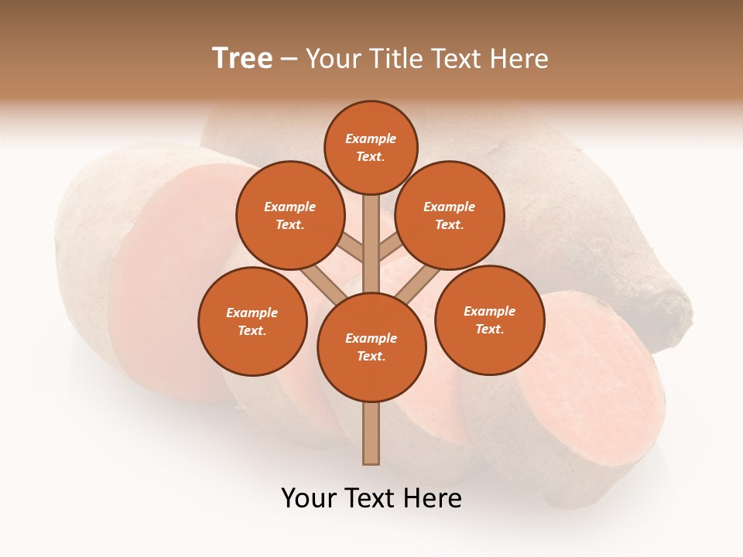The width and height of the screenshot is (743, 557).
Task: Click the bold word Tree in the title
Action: pyautogui.click(x=242, y=59)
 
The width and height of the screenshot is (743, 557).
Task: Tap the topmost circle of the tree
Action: pyautogui.click(x=371, y=147)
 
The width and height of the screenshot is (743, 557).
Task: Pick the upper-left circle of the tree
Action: pyautogui.click(x=289, y=215)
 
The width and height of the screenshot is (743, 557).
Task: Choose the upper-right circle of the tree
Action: pyautogui.click(x=449, y=215)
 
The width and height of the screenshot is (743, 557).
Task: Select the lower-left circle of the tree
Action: pyautogui.click(x=252, y=321)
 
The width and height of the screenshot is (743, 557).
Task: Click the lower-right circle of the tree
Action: pyautogui.click(x=489, y=320)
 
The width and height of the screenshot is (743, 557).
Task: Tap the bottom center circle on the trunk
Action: pyautogui.click(x=371, y=347)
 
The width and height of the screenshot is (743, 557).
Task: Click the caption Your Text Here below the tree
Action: pyautogui.click(x=371, y=498)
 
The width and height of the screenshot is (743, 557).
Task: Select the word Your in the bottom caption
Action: pyautogui.click(x=309, y=498)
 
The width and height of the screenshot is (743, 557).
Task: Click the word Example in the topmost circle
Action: pyautogui.click(x=371, y=138)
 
